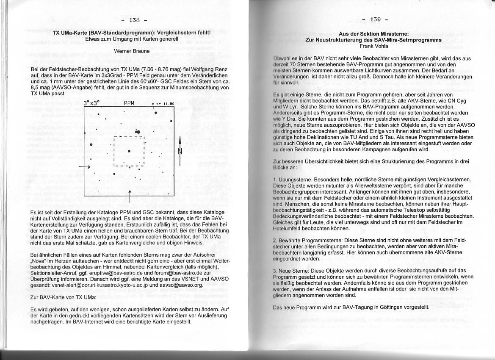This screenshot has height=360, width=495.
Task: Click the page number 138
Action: click(134, 20)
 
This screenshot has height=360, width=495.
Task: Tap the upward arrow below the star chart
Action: click(130, 197)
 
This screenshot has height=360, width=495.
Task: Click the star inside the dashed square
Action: click(129, 151)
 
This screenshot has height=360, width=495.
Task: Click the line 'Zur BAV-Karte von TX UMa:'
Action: click(64, 297)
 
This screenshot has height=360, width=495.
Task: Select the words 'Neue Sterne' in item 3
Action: click(290, 270)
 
